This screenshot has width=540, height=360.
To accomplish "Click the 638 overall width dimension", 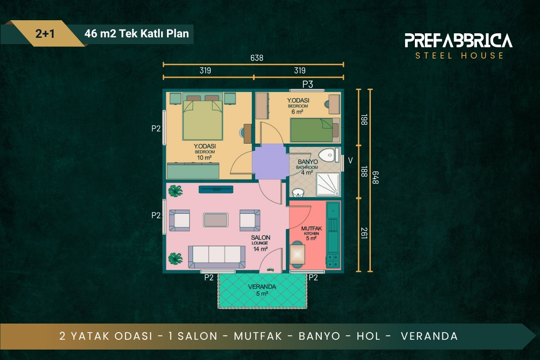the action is (257, 58).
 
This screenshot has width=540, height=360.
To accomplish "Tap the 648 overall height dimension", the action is (375, 178).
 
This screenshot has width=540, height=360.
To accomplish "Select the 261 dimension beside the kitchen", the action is (364, 233).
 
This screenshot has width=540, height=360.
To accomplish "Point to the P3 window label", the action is (308, 84).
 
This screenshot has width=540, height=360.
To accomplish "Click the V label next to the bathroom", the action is (351, 160).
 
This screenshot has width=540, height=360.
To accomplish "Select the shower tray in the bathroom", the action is (328, 184).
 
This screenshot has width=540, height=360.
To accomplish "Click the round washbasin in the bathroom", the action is (298, 193).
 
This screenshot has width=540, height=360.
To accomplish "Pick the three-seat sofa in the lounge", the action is (216, 257).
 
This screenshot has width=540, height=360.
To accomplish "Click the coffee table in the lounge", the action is (216, 220).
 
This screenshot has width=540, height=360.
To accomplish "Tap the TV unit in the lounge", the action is (216, 189).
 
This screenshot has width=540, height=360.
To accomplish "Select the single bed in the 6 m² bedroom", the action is (315, 130).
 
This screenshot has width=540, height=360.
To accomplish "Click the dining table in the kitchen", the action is (297, 255).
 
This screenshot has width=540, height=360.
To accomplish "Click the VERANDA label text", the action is (262, 287).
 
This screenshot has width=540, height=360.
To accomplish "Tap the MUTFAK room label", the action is (311, 228).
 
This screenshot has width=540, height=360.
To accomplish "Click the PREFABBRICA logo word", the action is (459, 40).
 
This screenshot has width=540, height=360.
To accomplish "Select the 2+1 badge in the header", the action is (45, 33).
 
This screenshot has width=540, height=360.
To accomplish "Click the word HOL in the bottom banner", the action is (369, 336).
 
